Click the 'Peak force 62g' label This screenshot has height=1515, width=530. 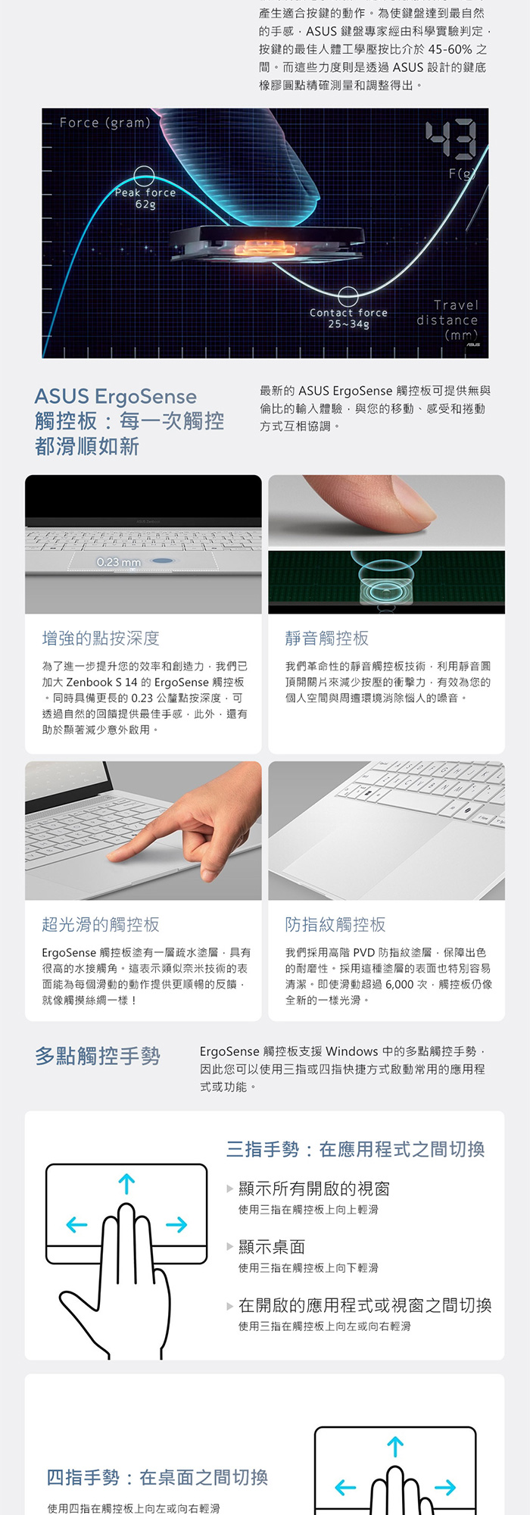pyautogui.click(x=145, y=198)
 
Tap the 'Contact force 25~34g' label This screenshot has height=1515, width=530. pyautogui.click(x=348, y=318)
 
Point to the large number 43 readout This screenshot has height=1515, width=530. pyautogui.click(x=450, y=140)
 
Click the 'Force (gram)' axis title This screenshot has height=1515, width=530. pyautogui.click(x=105, y=123)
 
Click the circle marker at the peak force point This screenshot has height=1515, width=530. pyautogui.click(x=145, y=176)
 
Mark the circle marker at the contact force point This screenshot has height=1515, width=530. pyautogui.click(x=348, y=296)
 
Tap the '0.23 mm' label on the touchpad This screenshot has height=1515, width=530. pyautogui.click(x=119, y=562)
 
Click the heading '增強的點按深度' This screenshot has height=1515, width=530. pyautogui.click(x=101, y=639)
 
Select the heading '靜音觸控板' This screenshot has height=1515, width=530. pyautogui.click(x=327, y=639)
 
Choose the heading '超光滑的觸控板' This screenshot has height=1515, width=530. pyautogui.click(x=101, y=924)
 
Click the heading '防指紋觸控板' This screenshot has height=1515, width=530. pyautogui.click(x=335, y=924)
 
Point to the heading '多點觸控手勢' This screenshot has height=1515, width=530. pyautogui.click(x=98, y=1056)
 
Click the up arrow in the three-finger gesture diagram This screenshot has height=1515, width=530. pyautogui.click(x=126, y=1183)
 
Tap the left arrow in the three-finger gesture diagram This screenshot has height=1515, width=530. pyautogui.click(x=76, y=1224)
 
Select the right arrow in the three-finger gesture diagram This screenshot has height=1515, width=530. pyautogui.click(x=176, y=1224)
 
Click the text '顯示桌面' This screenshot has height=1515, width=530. pyautogui.click(x=272, y=1247)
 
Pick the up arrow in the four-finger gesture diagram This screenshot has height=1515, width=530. pyautogui.click(x=395, y=1447)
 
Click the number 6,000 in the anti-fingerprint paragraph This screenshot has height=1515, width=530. pyautogui.click(x=399, y=984)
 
